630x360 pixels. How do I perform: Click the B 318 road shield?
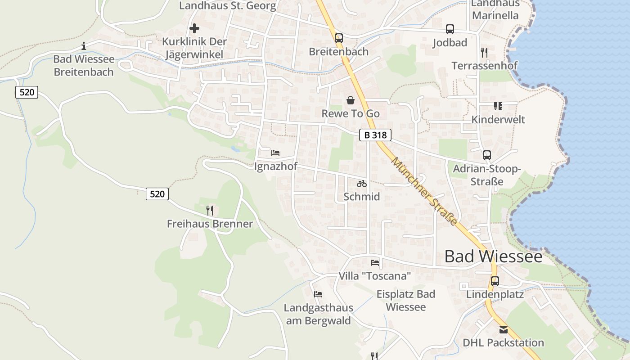tap(375, 135)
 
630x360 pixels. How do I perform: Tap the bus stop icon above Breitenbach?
tap(339, 38)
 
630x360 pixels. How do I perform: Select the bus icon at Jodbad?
tap(450, 29)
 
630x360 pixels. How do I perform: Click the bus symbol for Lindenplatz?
tap(495, 281)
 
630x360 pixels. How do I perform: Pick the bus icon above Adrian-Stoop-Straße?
tap(487, 155)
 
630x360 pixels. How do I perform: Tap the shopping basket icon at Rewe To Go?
tap(351, 100)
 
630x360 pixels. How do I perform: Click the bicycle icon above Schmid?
tap(362, 184)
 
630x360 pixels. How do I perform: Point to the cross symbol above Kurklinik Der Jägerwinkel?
tap(194, 28)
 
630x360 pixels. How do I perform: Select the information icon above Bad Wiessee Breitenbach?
tap(84, 46)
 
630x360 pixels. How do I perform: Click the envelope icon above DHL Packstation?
tap(504, 330)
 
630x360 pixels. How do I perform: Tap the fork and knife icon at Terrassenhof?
tap(484, 53)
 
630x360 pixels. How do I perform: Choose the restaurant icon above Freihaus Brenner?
tap(210, 210)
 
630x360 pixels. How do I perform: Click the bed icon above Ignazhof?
tap(275, 153)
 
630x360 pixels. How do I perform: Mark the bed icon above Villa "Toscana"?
tap(375, 263)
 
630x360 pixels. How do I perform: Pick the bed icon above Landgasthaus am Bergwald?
tap(319, 294)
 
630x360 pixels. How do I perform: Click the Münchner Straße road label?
tap(424, 192)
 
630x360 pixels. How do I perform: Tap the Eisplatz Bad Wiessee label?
tap(406, 301)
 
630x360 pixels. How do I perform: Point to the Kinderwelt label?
tap(498, 120)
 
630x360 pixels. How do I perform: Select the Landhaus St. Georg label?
tap(227, 6)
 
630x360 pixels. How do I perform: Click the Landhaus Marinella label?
tap(495, 10)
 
